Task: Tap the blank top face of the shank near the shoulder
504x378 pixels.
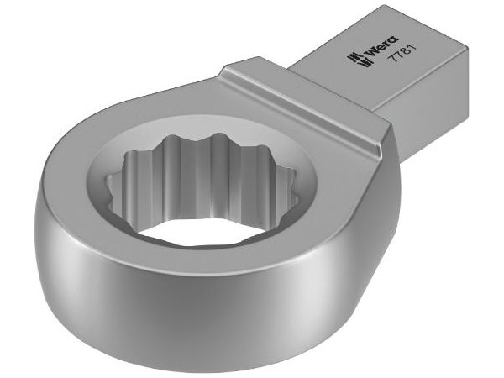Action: pos(336,84)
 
